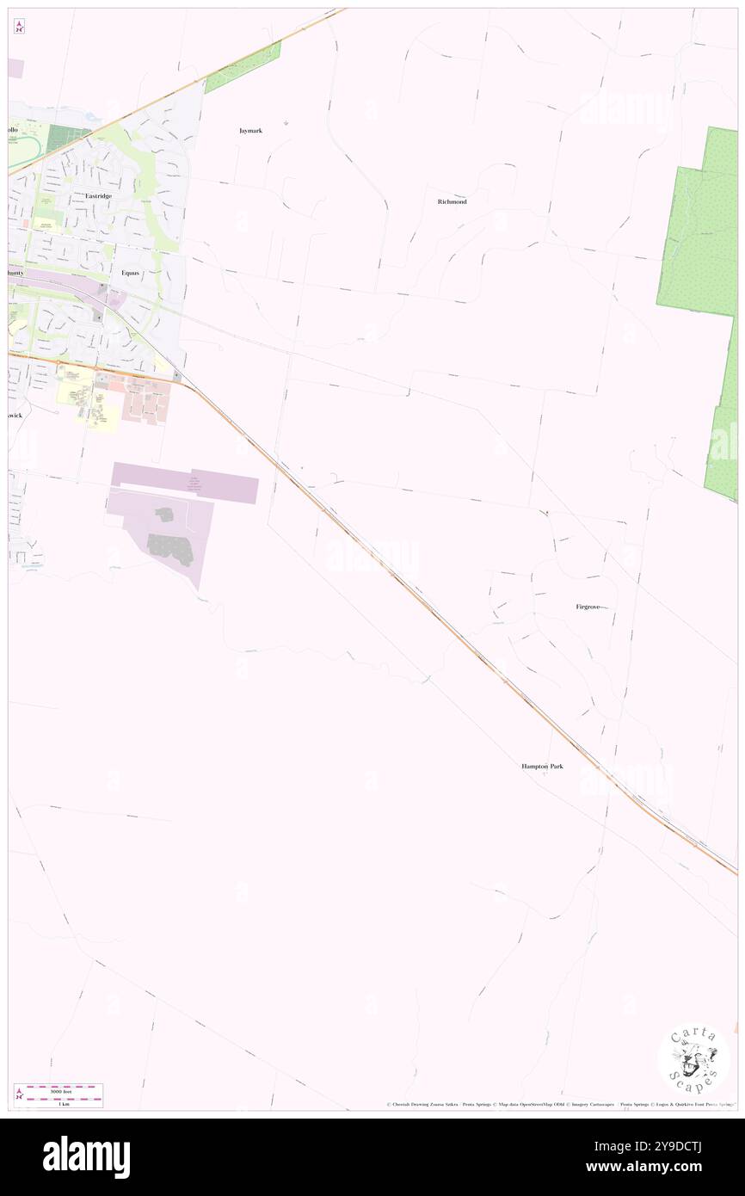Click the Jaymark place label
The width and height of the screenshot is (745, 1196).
tap(250, 131)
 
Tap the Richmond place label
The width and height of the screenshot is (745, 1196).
tap(452, 201)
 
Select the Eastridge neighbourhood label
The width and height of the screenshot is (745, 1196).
tap(98, 195)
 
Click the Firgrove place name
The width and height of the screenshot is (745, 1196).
tap(594, 607)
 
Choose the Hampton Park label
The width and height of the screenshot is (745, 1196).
tap(542, 766)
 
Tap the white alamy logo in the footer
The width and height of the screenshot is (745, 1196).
tap(86, 1157)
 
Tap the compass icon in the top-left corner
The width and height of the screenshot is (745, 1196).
tap(19, 26)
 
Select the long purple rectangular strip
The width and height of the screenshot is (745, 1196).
tap(185, 482)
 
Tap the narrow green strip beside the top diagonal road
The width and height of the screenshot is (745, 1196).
tap(243, 67)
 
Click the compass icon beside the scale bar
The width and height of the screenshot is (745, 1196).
tap(19, 1094)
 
